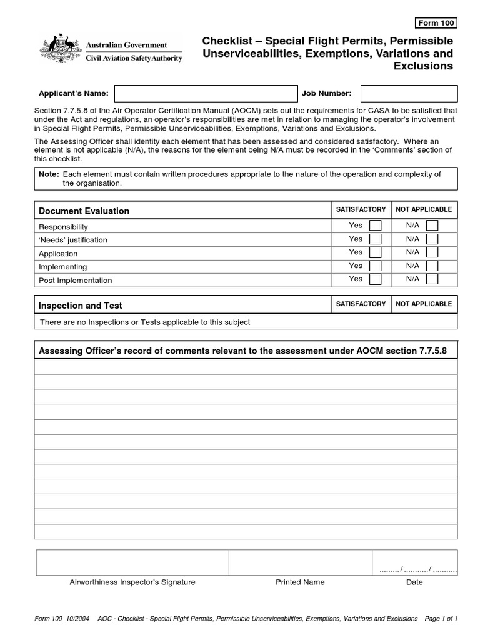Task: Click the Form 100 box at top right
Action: pos(436,24)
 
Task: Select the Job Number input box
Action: pos(409,94)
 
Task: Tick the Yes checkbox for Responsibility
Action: pos(375,226)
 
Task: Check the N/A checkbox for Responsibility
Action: pos(432,226)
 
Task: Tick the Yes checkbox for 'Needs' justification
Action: pos(375,239)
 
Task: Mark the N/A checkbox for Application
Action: pos(432,252)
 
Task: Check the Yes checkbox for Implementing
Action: pos(375,266)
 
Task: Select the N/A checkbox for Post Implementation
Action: pos(432,279)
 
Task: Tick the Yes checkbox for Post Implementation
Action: pos(375,279)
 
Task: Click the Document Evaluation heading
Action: pos(84,211)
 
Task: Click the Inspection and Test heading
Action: pos(80,306)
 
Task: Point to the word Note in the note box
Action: pos(48,174)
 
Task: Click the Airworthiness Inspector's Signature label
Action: pos(132,582)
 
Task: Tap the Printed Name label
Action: pos(300,582)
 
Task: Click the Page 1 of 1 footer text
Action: pos(441,619)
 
